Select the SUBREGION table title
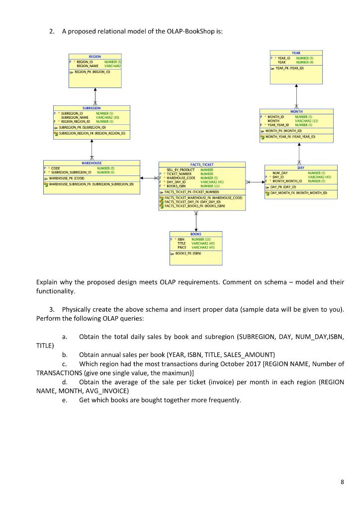(x=91, y=108)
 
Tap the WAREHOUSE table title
(x=91, y=163)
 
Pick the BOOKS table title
(x=196, y=233)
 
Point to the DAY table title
(x=301, y=168)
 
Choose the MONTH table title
(x=296, y=112)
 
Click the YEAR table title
(x=296, y=53)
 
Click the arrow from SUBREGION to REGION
(x=95, y=97)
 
